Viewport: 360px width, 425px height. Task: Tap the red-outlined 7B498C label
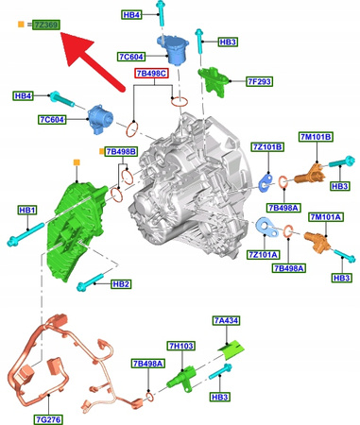(151, 73)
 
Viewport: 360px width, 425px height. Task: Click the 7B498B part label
(121, 150)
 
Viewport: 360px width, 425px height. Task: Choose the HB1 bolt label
(28, 210)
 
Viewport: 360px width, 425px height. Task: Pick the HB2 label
(121, 283)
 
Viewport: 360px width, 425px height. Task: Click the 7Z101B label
(267, 146)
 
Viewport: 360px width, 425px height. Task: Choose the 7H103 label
(180, 347)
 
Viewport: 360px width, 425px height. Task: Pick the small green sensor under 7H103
(180, 378)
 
